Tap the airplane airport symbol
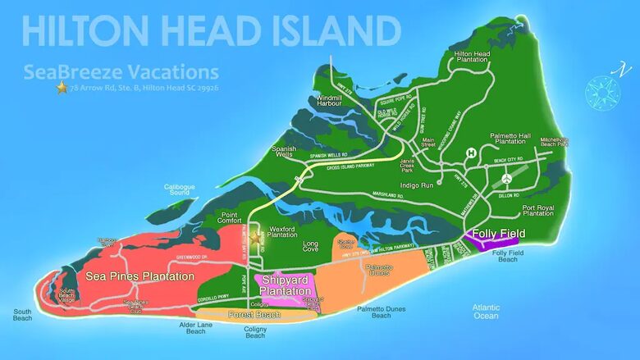507,178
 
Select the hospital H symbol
472,153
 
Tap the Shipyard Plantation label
289,285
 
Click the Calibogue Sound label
181,189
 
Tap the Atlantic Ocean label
485,312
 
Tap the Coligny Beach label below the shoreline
255,332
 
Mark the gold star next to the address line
62,87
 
